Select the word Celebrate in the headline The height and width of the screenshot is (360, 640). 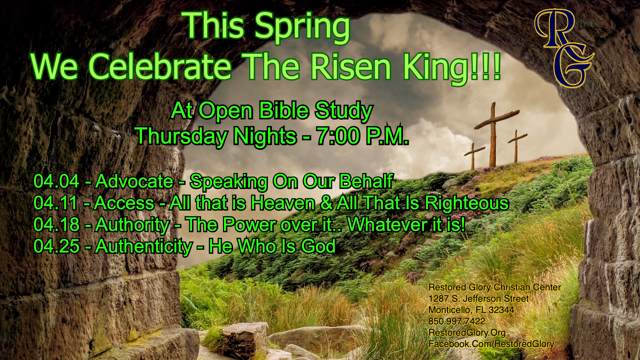pyautogui.click(x=160, y=67)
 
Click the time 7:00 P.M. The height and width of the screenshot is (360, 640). pyautogui.click(x=362, y=136)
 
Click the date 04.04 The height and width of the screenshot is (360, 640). pyautogui.click(x=56, y=181)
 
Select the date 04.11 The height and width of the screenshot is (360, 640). pyautogui.click(x=56, y=203)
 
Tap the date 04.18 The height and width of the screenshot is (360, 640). pyautogui.click(x=56, y=225)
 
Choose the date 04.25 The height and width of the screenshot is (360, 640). pyautogui.click(x=56, y=246)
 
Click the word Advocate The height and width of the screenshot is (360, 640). pyautogui.click(x=134, y=181)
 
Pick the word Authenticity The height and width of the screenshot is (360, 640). pyautogui.click(x=144, y=247)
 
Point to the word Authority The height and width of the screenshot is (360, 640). pyautogui.click(x=132, y=225)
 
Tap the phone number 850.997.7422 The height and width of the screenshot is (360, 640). pyautogui.click(x=457, y=321)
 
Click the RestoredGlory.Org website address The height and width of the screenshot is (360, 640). pyautogui.click(x=467, y=333)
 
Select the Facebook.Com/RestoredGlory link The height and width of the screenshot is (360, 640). pyautogui.click(x=491, y=344)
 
